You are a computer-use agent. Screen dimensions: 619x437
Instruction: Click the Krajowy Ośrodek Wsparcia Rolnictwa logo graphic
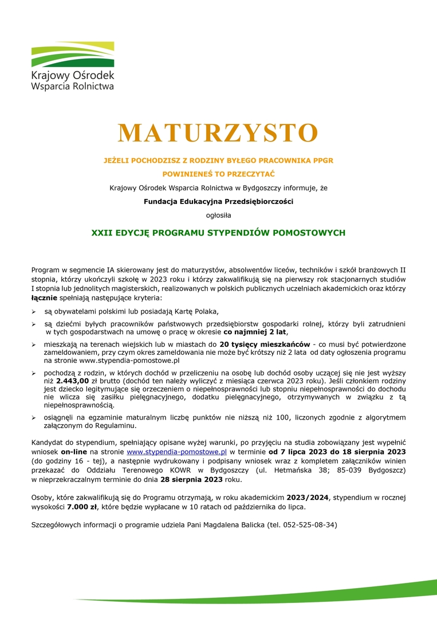click(x=72, y=54)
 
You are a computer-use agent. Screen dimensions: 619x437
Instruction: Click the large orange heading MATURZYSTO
click(x=218, y=133)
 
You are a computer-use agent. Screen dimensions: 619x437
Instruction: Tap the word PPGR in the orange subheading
click(x=322, y=160)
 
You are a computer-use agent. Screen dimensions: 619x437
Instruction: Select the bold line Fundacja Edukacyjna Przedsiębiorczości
click(x=218, y=201)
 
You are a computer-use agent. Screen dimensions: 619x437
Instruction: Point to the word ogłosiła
click(x=218, y=216)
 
